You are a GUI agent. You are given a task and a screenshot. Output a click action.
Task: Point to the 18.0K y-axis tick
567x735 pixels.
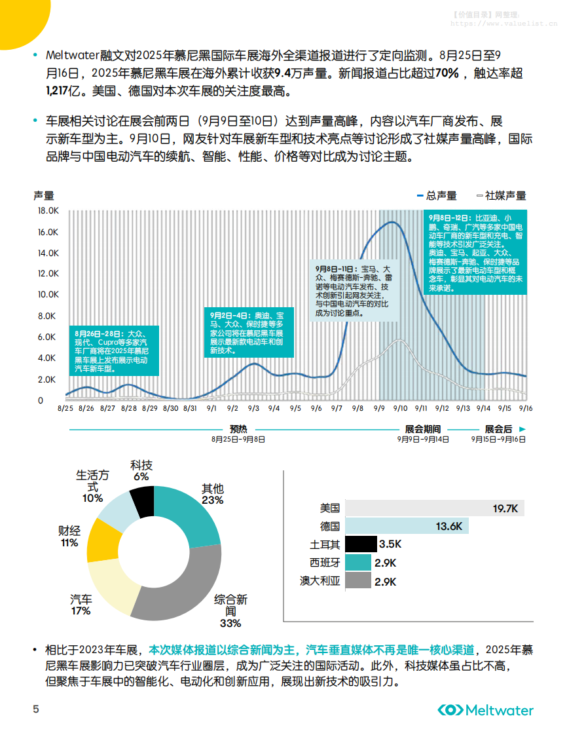49,211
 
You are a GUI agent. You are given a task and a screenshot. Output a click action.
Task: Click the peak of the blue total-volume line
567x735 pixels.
392,223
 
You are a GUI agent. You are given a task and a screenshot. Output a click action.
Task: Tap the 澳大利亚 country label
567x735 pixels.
320,580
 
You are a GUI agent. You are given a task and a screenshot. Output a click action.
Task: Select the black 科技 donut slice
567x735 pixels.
142,502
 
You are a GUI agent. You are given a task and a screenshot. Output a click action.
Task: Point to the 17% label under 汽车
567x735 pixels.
81,611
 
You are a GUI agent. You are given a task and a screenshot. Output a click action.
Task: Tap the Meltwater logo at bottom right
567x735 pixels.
485,710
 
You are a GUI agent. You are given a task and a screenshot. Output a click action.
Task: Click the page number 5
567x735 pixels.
37,709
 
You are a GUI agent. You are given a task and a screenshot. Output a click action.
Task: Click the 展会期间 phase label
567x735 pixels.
423,428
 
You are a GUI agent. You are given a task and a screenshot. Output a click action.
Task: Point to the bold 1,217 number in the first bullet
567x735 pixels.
58,90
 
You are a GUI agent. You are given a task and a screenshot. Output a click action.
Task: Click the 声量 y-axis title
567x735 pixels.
44,195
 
